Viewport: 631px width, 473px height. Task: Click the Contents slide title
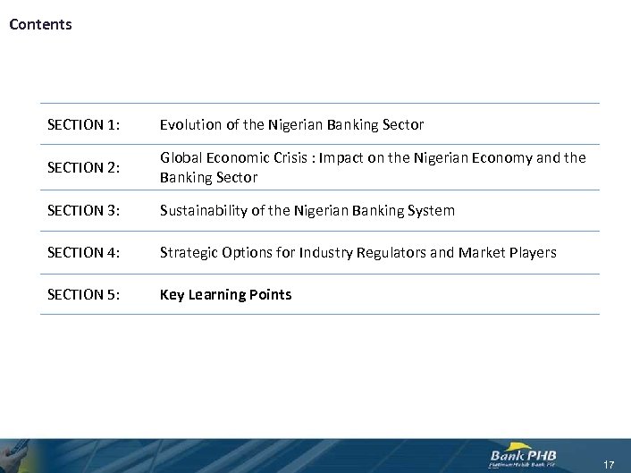click(40, 24)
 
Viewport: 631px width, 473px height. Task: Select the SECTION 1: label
click(82, 124)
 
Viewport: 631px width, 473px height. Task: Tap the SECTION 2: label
click(82, 167)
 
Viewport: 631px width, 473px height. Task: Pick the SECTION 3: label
click(82, 210)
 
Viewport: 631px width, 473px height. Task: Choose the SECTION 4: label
click(82, 253)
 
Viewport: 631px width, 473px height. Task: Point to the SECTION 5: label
click(82, 294)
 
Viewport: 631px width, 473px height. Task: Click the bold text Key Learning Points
click(225, 294)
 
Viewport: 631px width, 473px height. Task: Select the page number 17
click(609, 464)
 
